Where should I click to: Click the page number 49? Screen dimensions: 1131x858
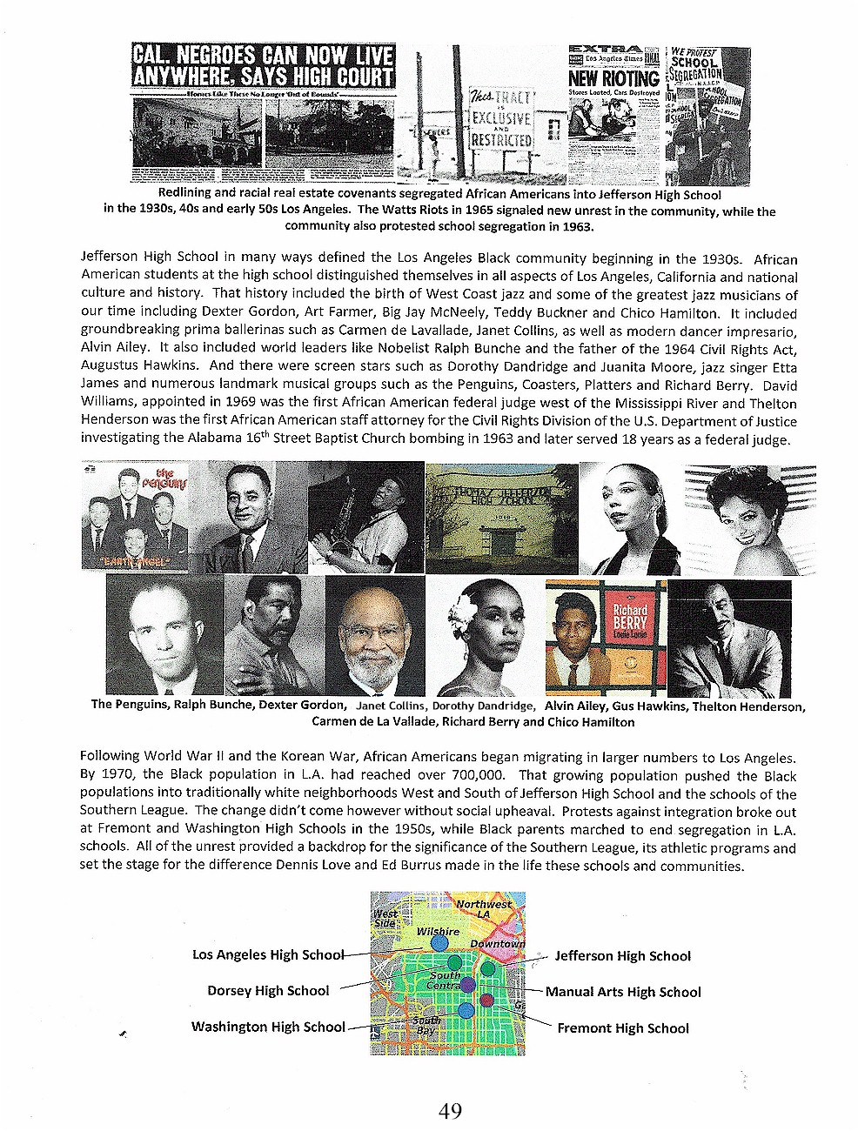[x=450, y=1110]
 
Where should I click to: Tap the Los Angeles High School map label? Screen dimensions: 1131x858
[x=268, y=954]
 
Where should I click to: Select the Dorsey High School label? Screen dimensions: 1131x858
[x=268, y=990]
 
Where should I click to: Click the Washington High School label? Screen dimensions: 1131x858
[x=268, y=1027]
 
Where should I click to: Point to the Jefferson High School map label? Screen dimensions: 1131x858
[x=622, y=955]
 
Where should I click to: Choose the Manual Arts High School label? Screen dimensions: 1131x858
[x=623, y=991]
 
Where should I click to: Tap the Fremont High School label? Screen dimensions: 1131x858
[x=622, y=1027]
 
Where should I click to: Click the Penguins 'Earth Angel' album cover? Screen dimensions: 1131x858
[x=134, y=518]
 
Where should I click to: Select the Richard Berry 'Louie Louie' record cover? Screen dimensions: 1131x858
[x=605, y=638]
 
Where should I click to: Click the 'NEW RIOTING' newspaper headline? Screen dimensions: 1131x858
[x=613, y=79]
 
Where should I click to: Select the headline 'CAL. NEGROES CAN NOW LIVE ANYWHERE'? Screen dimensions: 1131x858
[x=262, y=66]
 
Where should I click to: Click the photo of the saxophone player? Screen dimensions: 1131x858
[x=365, y=518]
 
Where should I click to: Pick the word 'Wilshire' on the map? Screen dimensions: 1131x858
[x=437, y=931]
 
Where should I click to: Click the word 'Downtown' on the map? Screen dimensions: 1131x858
[x=497, y=943]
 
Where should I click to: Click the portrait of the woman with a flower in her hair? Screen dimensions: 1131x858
[x=484, y=638]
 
